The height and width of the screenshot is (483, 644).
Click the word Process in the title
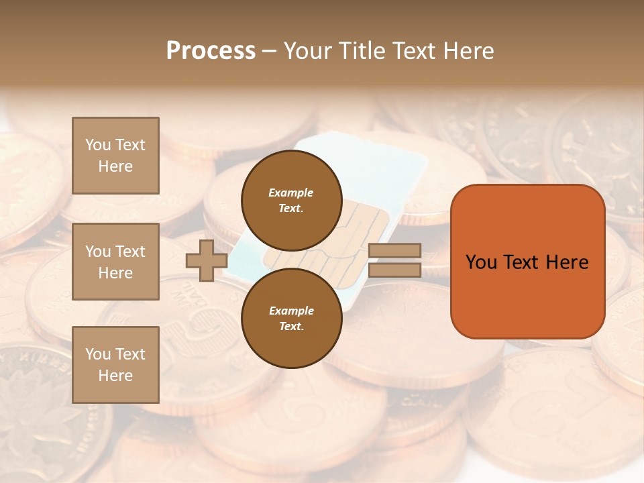point(211,51)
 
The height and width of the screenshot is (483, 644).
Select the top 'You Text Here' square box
point(115,156)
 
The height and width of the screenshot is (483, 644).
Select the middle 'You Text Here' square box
point(115,262)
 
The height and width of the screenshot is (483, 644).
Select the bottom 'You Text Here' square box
point(115,364)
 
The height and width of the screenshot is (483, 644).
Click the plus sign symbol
point(206,261)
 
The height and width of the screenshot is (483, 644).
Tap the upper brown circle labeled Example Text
point(291,200)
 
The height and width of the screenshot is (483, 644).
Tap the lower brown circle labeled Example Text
point(291,318)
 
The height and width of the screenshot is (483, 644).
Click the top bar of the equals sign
point(394,250)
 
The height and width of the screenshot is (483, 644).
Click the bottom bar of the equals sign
point(394,270)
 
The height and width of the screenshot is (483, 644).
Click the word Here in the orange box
point(567,262)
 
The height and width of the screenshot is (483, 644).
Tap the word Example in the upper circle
point(291,193)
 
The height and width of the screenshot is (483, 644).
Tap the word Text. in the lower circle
point(291,326)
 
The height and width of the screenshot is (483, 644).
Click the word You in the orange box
point(481,262)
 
